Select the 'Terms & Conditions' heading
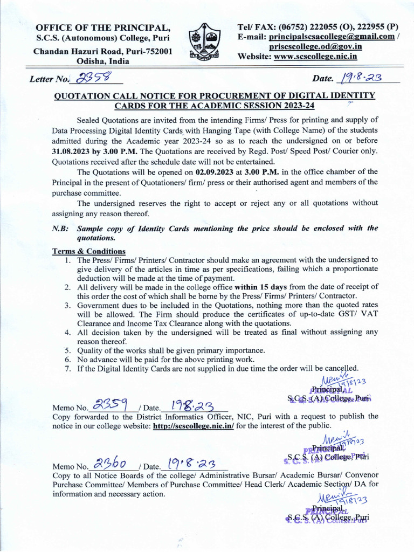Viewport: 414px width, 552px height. (88, 251)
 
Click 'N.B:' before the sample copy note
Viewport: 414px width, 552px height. (60, 228)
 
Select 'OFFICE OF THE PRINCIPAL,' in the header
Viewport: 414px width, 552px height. (103, 28)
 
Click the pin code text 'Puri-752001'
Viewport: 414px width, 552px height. (147, 51)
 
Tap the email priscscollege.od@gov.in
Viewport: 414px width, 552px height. (315, 46)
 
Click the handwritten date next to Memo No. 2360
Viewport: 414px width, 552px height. (192, 463)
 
